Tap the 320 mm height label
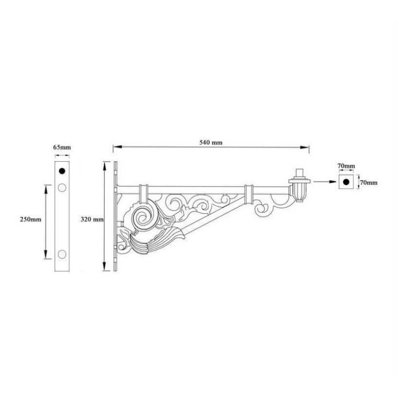point(91,218)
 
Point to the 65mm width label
point(62,147)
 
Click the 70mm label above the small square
point(346,165)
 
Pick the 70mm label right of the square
point(369,183)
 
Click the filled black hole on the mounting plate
point(62,171)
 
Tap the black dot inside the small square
point(346,182)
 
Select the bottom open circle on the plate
point(62,254)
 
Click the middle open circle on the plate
point(62,188)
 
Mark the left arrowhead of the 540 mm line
point(116,147)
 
